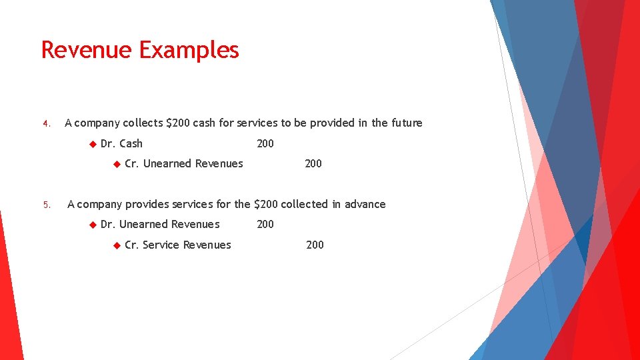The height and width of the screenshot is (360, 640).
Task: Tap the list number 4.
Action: [45, 123]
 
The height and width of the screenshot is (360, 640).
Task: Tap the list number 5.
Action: [45, 205]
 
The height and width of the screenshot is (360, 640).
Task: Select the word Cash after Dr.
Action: [131, 143]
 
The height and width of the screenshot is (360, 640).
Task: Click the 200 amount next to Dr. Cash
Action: [265, 143]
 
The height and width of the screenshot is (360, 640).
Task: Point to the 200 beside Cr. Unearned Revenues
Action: [313, 163]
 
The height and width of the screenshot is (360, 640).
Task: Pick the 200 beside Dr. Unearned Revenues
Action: [265, 224]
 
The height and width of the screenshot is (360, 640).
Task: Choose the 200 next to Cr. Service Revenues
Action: [315, 245]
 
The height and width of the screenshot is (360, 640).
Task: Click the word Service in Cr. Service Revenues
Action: [161, 245]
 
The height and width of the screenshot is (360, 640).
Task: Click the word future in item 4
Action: [406, 123]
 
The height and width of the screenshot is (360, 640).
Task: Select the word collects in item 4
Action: [143, 123]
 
